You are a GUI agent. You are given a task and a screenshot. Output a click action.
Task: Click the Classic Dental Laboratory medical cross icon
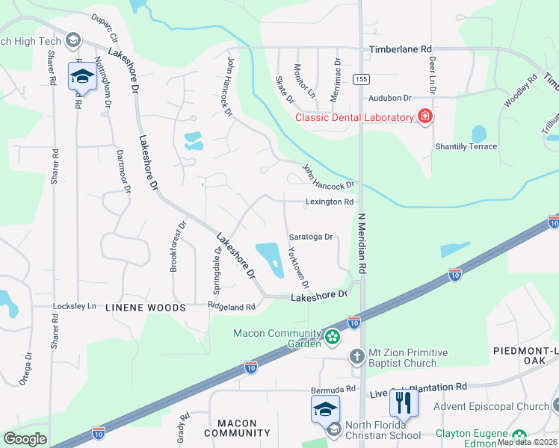(424, 116)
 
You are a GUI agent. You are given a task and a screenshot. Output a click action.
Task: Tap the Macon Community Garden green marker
(333, 338)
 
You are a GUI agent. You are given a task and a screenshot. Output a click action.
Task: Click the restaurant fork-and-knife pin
(404, 403)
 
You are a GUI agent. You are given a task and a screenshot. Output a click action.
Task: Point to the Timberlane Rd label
(401, 49)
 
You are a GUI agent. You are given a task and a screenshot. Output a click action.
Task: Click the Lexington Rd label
(329, 202)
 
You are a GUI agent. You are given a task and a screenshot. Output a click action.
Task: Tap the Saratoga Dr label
(309, 237)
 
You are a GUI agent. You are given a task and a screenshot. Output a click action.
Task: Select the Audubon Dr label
(389, 98)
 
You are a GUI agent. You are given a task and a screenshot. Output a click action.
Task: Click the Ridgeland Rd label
(232, 306)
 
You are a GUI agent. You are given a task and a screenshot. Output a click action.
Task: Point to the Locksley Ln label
(75, 306)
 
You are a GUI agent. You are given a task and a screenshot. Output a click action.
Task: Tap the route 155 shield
(362, 78)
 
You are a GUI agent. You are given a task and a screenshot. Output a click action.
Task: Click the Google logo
(25, 439)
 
